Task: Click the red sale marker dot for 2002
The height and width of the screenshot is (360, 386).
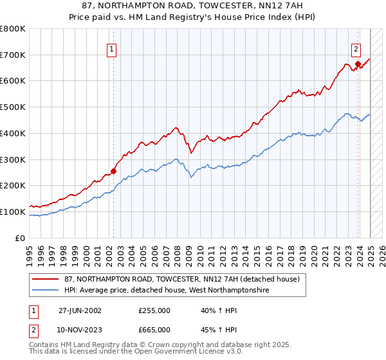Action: coord(114,171)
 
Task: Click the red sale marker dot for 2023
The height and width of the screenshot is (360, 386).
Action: coord(358,64)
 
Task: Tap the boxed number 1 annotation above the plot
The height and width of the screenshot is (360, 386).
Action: coord(112,48)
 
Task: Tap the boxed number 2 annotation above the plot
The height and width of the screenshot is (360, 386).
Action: coord(356,48)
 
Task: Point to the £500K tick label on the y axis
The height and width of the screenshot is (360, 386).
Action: coord(13,107)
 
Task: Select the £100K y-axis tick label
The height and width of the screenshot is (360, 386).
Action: coord(13,212)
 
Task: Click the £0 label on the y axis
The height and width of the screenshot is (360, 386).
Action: coord(19,238)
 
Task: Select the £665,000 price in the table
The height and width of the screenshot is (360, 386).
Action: coord(154,329)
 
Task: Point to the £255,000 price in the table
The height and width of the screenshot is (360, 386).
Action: coord(154,310)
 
